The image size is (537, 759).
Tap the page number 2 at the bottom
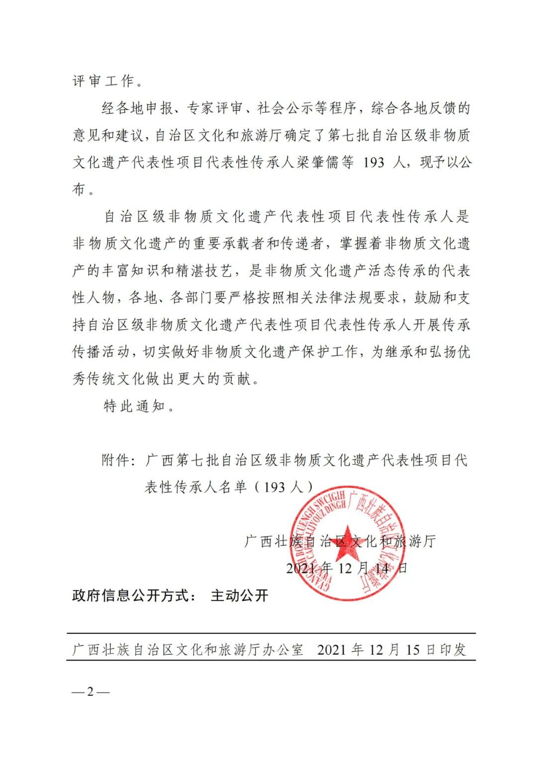tap(90, 691)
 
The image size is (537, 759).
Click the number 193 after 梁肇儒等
tap(374, 162)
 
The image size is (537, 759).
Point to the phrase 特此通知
tap(134, 406)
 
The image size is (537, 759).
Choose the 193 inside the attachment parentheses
tap(274, 487)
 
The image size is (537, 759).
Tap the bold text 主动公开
tap(240, 595)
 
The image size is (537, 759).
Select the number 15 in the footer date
tap(413, 650)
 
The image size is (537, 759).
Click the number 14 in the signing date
tap(382, 568)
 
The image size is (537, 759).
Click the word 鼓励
tap(428, 298)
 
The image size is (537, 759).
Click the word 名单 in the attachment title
tap(233, 487)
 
